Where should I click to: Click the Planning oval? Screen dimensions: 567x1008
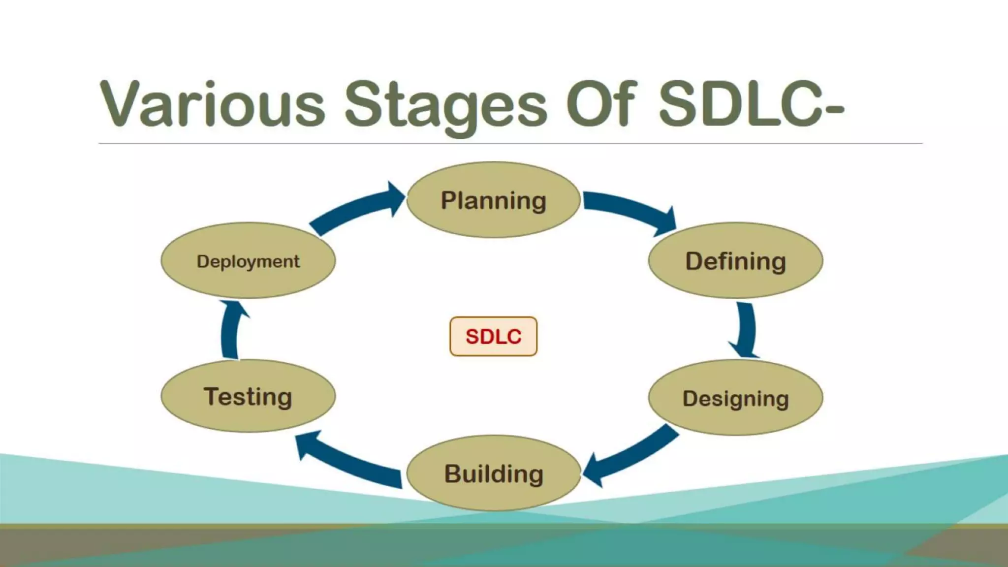(x=493, y=200)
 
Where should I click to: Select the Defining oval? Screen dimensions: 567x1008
(x=735, y=260)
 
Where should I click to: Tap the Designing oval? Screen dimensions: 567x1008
(x=735, y=398)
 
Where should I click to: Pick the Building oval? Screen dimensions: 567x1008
(x=493, y=473)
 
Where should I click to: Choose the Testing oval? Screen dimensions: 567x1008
(x=248, y=396)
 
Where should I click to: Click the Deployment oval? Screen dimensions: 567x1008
(x=248, y=260)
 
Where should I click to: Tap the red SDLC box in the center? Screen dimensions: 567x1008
(x=493, y=337)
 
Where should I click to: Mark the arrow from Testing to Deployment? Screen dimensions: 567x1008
(x=230, y=330)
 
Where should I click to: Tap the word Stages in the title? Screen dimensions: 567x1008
(x=445, y=106)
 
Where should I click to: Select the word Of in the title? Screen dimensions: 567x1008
(x=601, y=104)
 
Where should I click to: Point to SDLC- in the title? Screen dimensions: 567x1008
(x=751, y=104)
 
